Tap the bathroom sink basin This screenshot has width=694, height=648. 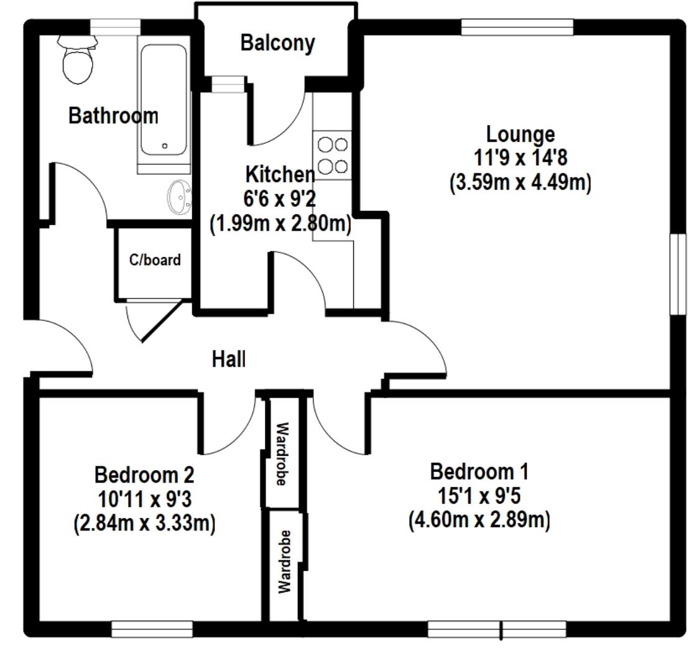tap(179, 197)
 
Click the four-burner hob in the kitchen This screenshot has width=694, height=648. tap(333, 155)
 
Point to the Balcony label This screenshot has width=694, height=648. tap(277, 44)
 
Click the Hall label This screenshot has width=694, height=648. tap(229, 359)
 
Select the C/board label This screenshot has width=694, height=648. tap(155, 260)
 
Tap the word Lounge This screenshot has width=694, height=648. tap(520, 134)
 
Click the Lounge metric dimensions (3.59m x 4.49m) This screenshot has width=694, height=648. tap(520, 183)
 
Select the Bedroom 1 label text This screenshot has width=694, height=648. tap(479, 471)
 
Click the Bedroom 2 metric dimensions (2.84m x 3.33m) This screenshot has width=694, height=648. tap(144, 523)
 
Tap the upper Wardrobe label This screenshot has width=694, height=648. tap(282, 454)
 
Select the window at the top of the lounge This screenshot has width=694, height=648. tap(517, 27)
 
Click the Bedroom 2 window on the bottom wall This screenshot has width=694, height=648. tap(152, 629)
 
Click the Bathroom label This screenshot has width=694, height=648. tap(113, 116)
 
